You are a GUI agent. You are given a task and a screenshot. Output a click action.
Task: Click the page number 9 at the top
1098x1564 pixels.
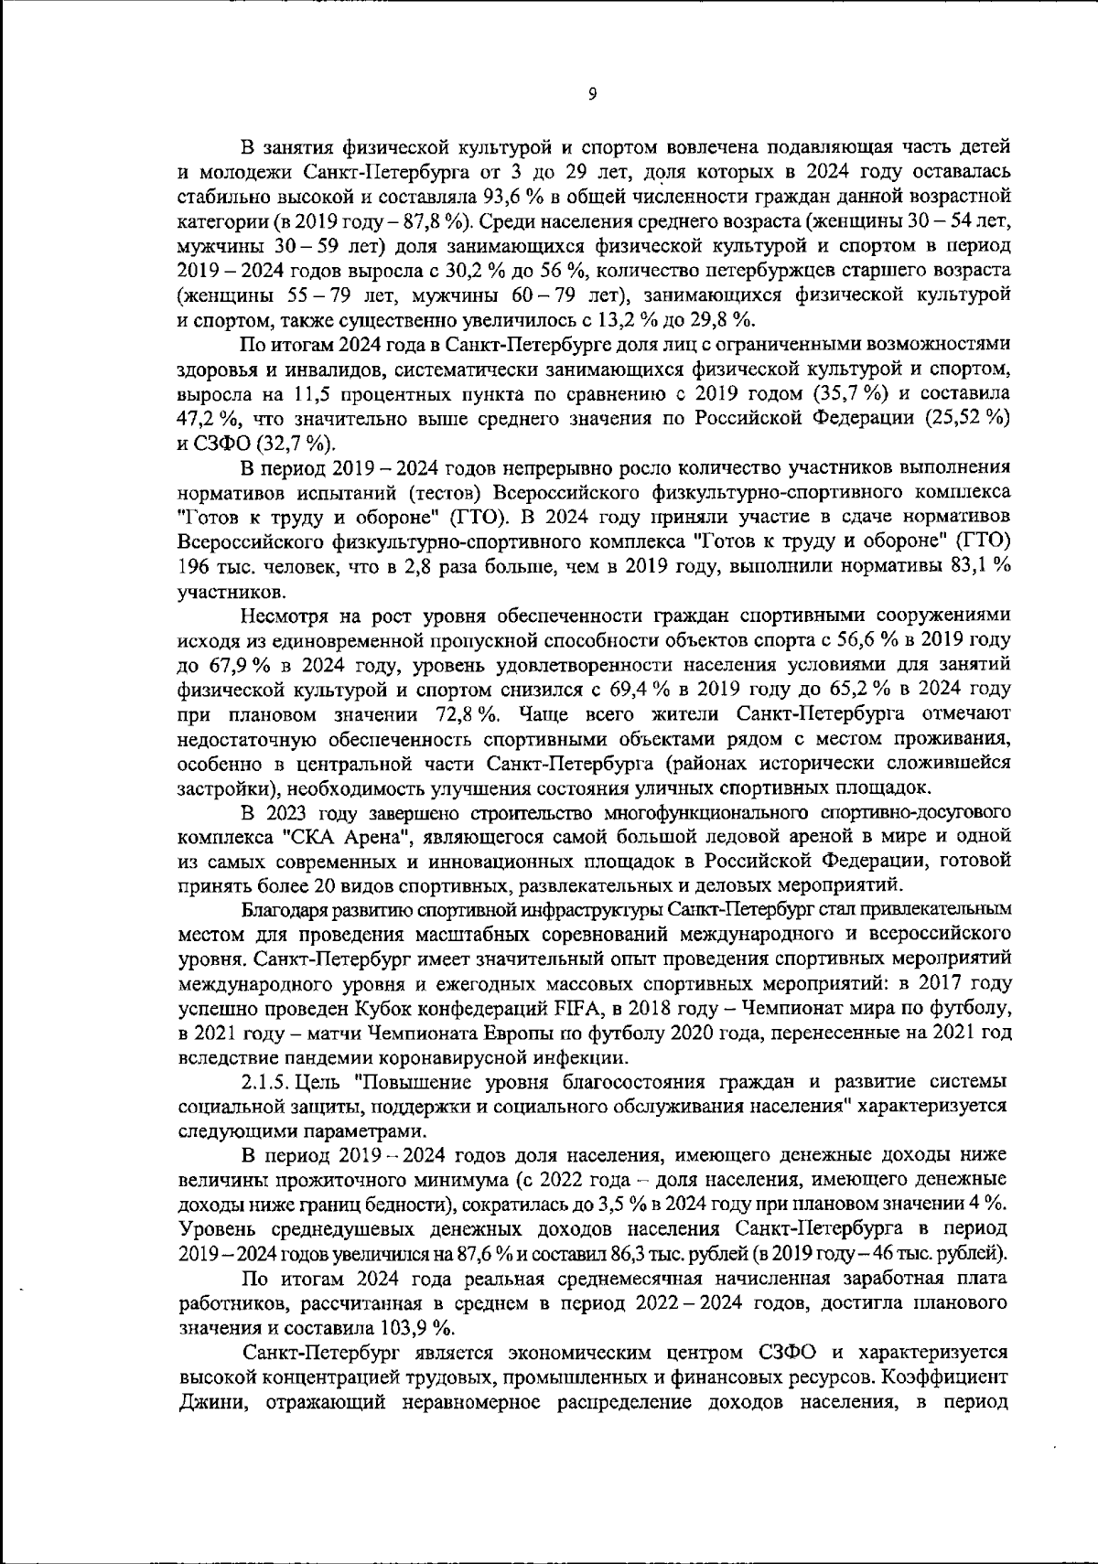click(593, 93)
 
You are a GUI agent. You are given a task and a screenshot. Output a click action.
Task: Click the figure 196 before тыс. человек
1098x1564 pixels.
click(192, 567)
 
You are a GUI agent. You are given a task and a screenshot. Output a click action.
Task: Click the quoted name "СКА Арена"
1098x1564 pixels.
click(338, 837)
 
